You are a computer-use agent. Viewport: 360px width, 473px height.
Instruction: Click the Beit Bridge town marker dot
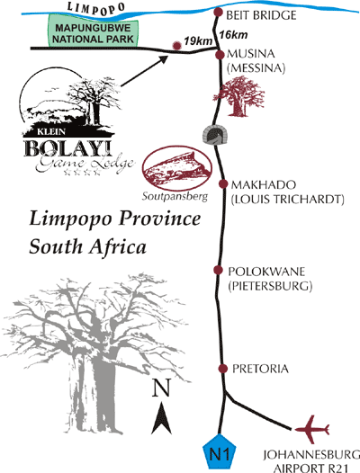coord(218,13)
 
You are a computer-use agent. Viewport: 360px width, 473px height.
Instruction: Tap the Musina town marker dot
coord(220,55)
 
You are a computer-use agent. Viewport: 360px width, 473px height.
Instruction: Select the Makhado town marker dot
coord(223,183)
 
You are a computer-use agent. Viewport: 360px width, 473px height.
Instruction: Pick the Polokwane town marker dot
coord(218,270)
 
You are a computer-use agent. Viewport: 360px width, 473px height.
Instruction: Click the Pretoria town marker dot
coord(223,369)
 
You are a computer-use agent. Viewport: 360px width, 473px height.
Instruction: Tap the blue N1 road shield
coord(220,451)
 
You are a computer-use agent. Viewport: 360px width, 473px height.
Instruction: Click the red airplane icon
coord(312,430)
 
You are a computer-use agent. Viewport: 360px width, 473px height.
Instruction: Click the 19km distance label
coord(198,41)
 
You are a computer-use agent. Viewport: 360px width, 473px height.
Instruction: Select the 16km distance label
coord(233,35)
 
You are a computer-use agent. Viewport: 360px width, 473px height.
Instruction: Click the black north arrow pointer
coord(162,418)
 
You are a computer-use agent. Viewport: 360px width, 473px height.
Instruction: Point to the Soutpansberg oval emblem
coord(177,168)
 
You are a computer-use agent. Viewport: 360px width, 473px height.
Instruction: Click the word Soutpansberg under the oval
coord(175,196)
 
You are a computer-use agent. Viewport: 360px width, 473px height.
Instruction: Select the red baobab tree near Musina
coord(239,96)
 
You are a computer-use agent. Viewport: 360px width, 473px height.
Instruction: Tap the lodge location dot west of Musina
coord(176,46)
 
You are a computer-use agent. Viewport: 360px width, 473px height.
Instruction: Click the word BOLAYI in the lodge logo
coord(67,147)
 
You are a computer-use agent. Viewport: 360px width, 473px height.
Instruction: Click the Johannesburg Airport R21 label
coord(311,461)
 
